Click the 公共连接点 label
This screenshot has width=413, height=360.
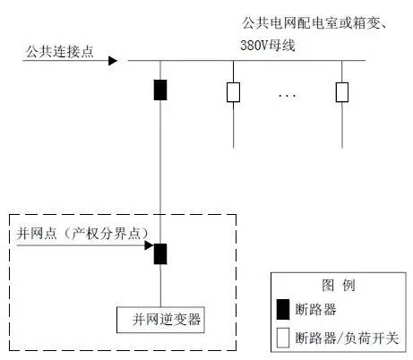coord(60,51)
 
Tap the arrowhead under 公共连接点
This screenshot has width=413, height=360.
coord(113,61)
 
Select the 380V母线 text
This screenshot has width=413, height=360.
coord(268,46)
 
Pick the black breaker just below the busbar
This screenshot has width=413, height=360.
coord(160,90)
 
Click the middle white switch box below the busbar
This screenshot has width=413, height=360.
coord(233,92)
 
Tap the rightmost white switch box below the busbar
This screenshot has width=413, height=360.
coord(342,92)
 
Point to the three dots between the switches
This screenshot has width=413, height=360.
coord(288,96)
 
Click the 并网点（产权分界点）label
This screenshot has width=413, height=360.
coord(82,233)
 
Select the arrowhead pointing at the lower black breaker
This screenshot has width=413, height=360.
coord(149,245)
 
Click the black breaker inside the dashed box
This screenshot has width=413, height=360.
coord(160,254)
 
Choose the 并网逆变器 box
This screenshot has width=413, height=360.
coord(160,320)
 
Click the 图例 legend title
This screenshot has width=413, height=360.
coord(339,285)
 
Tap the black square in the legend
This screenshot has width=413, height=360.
coord(283,310)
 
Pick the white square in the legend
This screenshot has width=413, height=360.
coord(283,338)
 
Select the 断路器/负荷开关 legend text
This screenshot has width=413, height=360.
coord(347,338)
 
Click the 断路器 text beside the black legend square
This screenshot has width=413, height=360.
coord(315,309)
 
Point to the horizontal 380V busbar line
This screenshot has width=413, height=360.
coord(246,61)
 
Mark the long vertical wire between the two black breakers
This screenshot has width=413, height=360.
coord(160,172)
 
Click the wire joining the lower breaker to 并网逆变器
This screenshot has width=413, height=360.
coord(160,286)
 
